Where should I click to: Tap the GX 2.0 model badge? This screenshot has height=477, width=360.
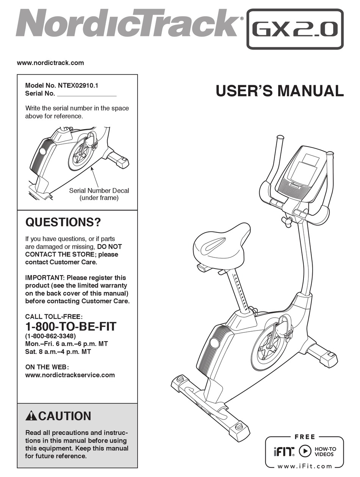[295, 29]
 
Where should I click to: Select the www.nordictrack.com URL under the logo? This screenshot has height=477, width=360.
[50, 63]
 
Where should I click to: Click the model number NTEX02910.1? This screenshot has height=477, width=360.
[78, 86]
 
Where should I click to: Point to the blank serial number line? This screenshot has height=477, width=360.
[87, 96]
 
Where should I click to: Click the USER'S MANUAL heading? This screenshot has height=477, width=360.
[280, 91]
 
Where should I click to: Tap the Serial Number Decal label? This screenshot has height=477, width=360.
[99, 190]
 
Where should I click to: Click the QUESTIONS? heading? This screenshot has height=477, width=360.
[63, 222]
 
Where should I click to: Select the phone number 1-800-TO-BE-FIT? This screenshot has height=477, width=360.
[71, 326]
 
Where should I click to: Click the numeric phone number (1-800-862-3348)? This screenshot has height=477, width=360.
[50, 336]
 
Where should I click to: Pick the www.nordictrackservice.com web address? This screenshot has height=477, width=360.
[70, 375]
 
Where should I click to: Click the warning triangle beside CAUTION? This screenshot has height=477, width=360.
[31, 416]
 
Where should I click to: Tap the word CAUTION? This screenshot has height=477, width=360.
[65, 416]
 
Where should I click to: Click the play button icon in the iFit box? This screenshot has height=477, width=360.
[305, 451]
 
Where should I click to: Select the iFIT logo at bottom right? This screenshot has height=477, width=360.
[284, 451]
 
